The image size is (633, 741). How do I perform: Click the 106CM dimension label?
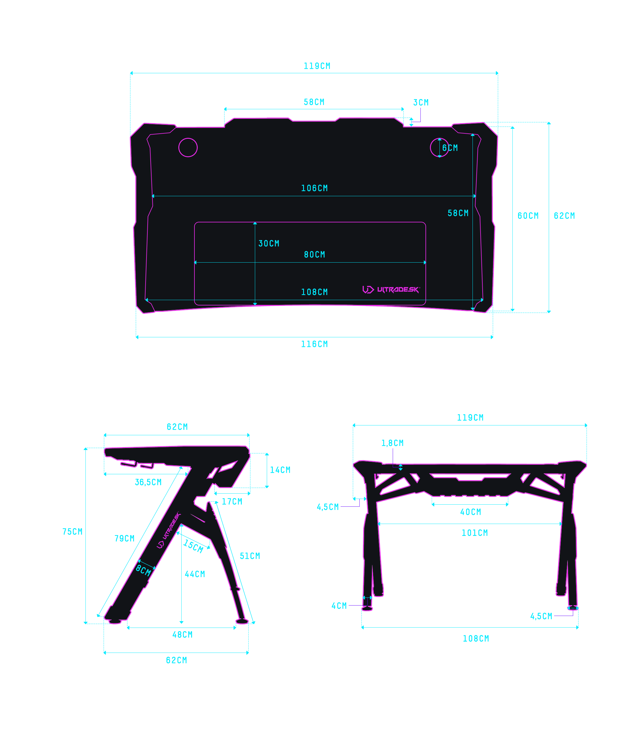pos(314,188)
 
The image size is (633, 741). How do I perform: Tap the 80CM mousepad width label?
pos(314,255)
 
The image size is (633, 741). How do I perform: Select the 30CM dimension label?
pos(269,244)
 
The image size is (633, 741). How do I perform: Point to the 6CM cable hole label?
pos(450,148)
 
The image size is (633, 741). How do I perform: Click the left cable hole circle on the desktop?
pos(188,147)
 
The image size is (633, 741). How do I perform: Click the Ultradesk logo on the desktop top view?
pos(391,289)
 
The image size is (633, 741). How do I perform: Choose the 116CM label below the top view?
pos(314,344)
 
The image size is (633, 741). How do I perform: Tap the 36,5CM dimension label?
pos(148,482)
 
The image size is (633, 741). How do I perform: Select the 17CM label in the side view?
pos(232,501)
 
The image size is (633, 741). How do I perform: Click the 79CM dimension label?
pos(124,539)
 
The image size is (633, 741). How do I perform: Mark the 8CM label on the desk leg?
pos(143,570)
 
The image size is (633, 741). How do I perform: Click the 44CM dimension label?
pos(194,574)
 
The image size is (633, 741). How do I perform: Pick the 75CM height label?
pos(72,531)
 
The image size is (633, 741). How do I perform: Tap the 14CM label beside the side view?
pos(280,470)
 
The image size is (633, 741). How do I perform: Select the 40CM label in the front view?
pos(470,512)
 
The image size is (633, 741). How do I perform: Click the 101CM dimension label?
pos(475,533)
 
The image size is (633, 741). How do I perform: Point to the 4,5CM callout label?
pos(327,507)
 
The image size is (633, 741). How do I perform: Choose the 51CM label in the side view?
pos(249,556)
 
